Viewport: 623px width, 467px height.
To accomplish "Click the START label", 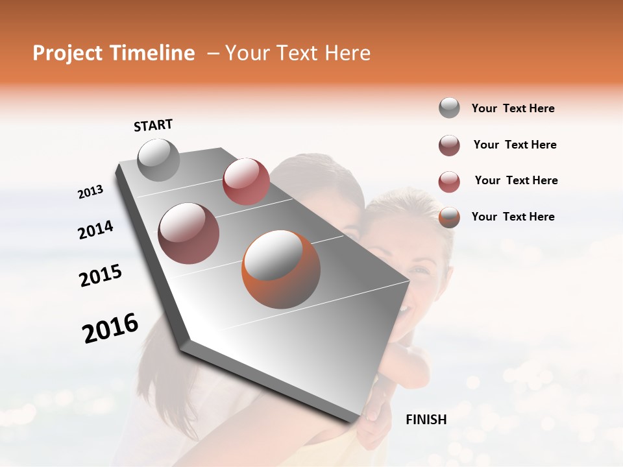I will point(153,125).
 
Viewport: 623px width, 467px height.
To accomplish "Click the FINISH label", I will point(426,420).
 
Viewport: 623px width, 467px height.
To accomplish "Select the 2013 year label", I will point(90,192).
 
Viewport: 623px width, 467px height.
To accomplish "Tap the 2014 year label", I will point(95,230).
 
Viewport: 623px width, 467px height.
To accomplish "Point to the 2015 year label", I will point(101,276).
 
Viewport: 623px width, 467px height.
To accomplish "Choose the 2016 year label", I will point(110,328).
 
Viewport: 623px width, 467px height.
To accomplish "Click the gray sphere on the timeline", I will point(158,160).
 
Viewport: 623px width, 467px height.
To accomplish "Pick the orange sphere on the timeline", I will point(281,269).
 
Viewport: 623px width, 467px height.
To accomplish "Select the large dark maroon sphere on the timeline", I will point(188,233).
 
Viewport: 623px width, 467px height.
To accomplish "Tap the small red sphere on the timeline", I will point(246,181).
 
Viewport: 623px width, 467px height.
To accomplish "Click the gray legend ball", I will point(449,108).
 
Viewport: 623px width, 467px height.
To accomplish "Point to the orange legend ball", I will point(449,217).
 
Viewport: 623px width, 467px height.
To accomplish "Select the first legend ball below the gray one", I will point(449,145).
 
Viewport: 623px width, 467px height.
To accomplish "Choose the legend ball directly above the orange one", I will point(449,182).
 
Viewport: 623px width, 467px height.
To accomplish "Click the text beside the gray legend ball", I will point(513,109).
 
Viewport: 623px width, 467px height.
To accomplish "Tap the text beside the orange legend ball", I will point(513,217).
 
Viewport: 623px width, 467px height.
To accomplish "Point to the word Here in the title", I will point(347,53).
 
